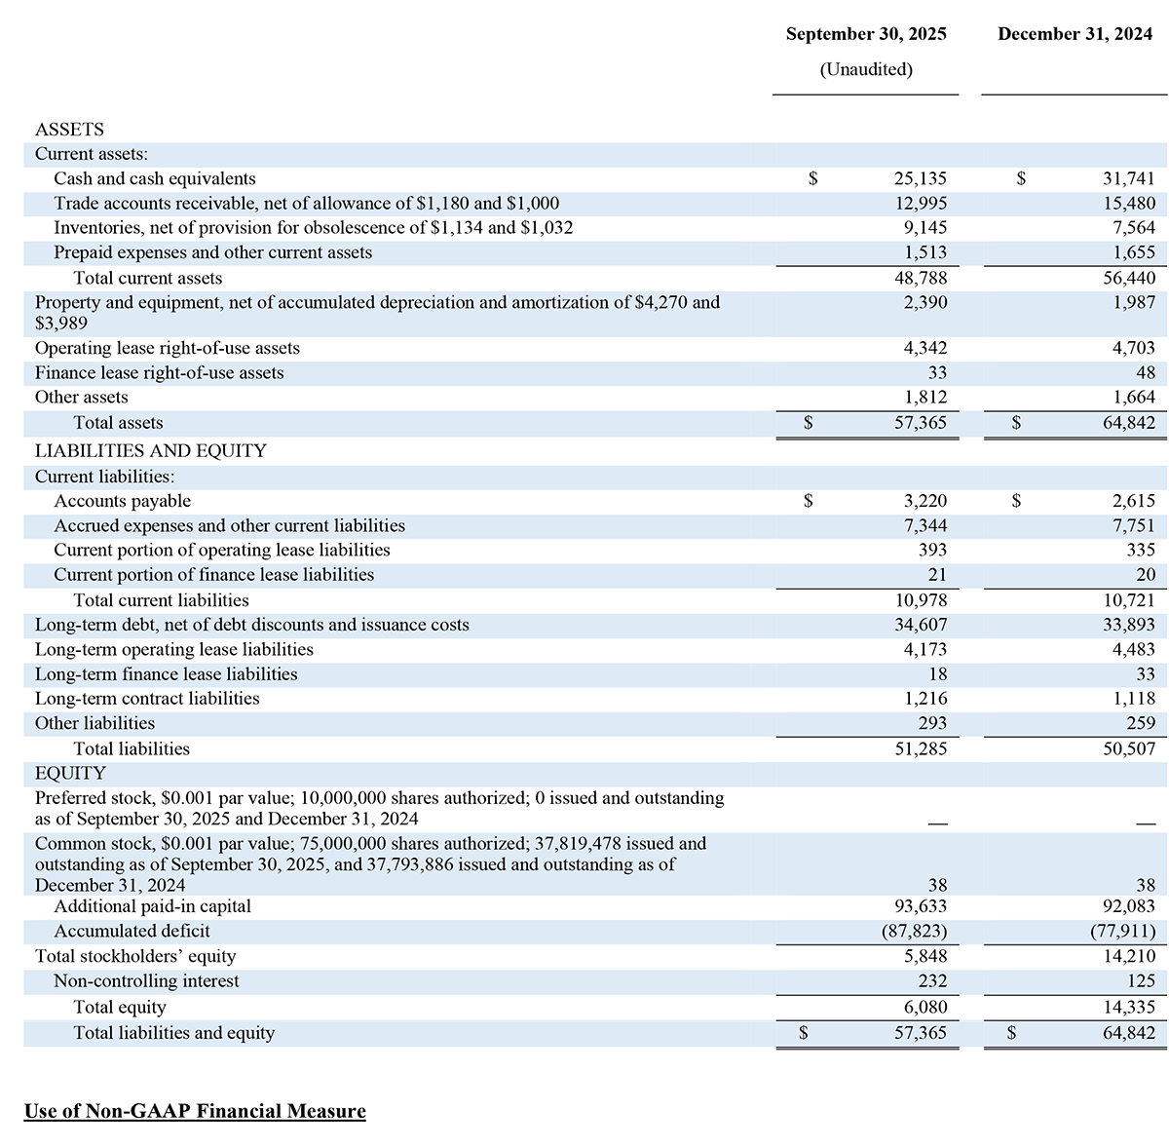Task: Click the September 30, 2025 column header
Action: pos(865,34)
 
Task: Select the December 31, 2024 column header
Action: pos(1075,34)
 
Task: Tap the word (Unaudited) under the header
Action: pos(866,69)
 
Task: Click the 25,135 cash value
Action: pos(920,178)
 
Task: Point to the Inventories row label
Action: pos(313,227)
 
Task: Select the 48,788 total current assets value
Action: pos(920,278)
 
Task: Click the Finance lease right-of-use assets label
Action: pos(159,372)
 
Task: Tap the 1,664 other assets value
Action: pos(1133,397)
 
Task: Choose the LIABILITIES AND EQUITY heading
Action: pos(150,450)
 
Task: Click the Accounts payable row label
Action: pos(122,501)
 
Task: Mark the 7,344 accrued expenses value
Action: pos(924,525)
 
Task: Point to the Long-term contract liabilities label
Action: pos(147,698)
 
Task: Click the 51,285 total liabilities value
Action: pos(920,748)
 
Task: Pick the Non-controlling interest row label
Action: pos(146,980)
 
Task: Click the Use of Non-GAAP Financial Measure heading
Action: pos(195,1111)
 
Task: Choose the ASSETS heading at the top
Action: pos(69,129)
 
